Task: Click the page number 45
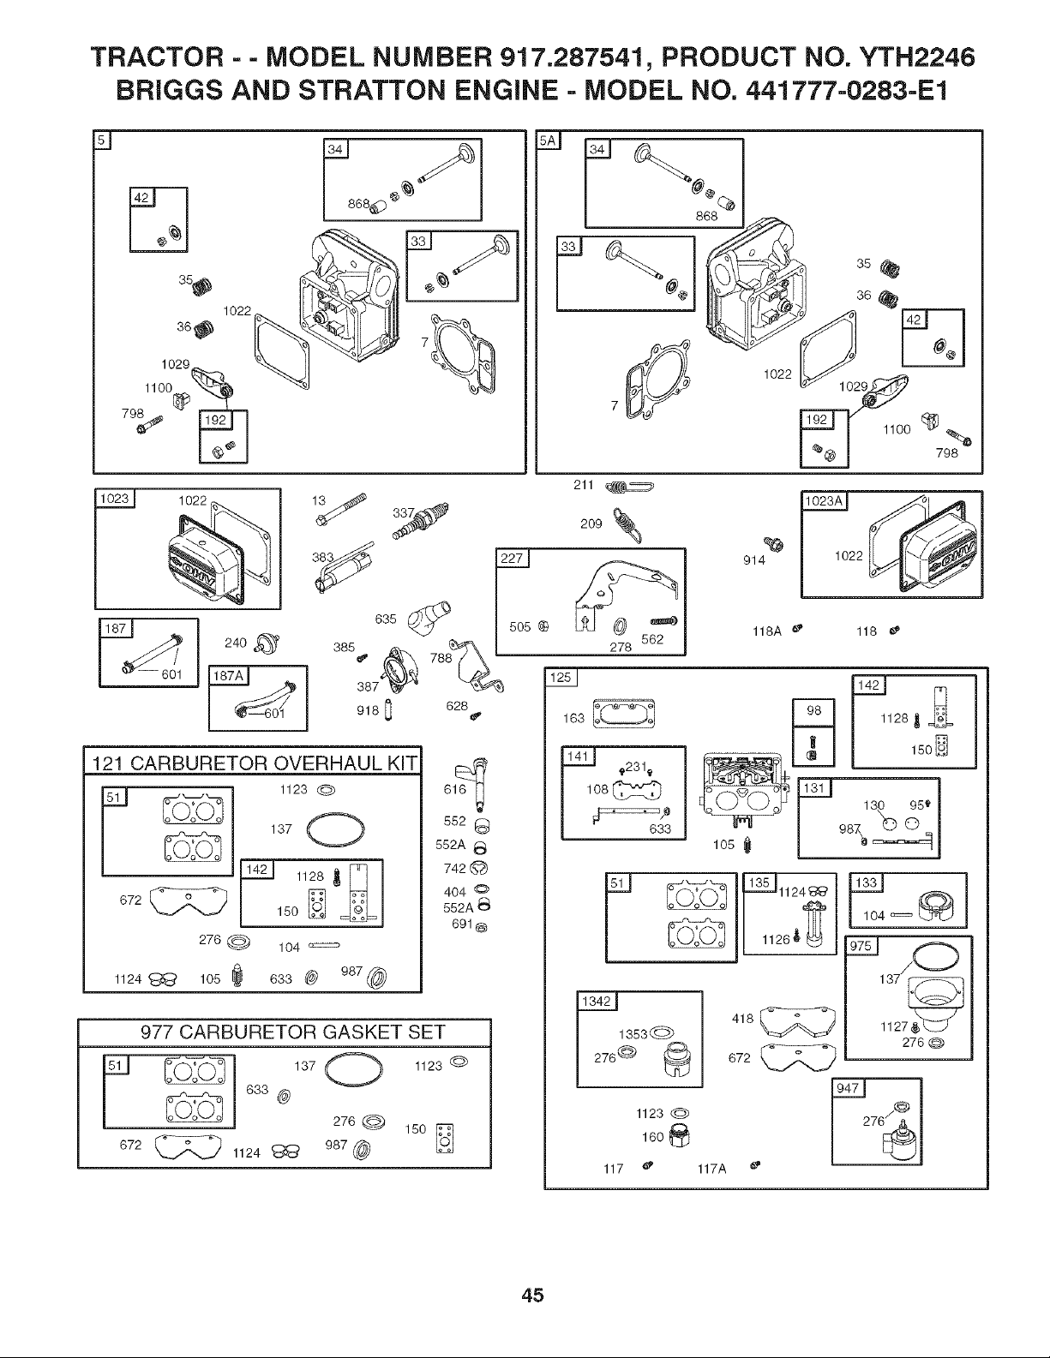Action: (532, 1295)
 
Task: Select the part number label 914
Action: (753, 560)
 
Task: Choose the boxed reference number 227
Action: (512, 558)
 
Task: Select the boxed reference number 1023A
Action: (824, 501)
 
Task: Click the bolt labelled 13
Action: (341, 509)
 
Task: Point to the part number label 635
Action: (385, 619)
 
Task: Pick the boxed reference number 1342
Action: (596, 1002)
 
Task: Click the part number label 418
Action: (742, 1019)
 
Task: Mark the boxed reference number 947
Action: (848, 1088)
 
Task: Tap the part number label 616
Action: (454, 789)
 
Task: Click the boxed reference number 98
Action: (813, 710)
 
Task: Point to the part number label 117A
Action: (711, 1169)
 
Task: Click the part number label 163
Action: (573, 719)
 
